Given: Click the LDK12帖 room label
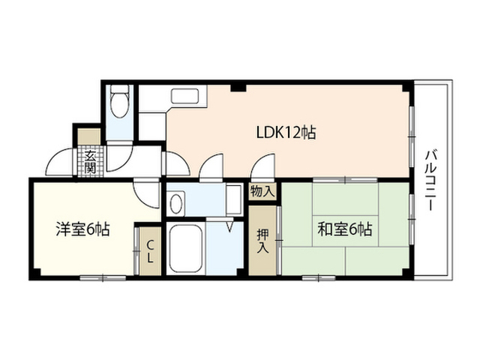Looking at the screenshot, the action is [286, 133].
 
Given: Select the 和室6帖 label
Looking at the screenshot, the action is [345, 229].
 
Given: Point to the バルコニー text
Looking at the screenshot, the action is [430, 180].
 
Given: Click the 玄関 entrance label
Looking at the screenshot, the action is [90, 163].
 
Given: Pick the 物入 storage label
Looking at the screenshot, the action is [262, 192].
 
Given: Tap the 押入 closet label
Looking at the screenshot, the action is [262, 241].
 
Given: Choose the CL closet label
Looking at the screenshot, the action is [150, 252].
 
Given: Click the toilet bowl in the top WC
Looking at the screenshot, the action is [119, 105].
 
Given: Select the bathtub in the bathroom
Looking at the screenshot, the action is [185, 247].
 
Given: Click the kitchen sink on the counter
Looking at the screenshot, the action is [185, 96].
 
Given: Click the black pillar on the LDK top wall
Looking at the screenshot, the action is [238, 88].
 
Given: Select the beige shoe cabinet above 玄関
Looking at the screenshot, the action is [88, 136].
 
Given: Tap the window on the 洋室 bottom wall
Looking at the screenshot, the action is [103, 278].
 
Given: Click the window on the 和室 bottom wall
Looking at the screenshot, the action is [319, 278].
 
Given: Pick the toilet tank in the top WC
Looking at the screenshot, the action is [119, 88].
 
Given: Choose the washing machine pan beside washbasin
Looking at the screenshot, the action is [235, 200].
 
